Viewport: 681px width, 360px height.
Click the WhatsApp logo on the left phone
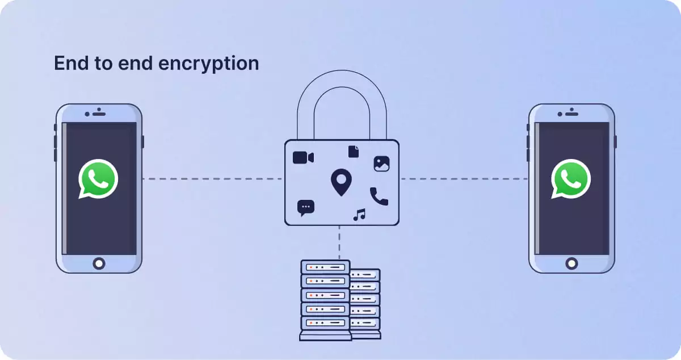point(98,178)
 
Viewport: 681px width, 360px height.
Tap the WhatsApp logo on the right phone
point(570,178)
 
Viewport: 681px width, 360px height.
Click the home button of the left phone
point(99,263)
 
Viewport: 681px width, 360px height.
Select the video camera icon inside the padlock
point(303,157)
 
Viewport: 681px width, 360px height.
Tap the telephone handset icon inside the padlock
point(379,196)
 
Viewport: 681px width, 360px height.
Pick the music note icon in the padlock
point(359,215)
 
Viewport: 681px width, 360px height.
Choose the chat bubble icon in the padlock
point(305,208)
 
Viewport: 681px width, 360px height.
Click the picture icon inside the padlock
point(381,164)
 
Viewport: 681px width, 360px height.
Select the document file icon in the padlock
point(354,151)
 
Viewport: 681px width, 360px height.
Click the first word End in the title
point(69,63)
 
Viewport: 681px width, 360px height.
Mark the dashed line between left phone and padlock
point(213,179)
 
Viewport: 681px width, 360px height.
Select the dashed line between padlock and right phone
point(464,179)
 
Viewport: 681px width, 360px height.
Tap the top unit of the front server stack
point(325,266)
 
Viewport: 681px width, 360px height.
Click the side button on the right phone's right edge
point(616,141)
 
